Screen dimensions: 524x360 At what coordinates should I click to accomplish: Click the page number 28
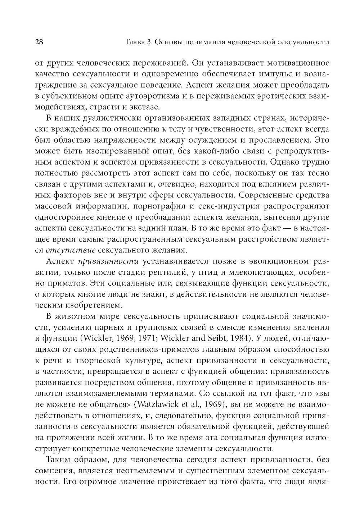click(x=39, y=42)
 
